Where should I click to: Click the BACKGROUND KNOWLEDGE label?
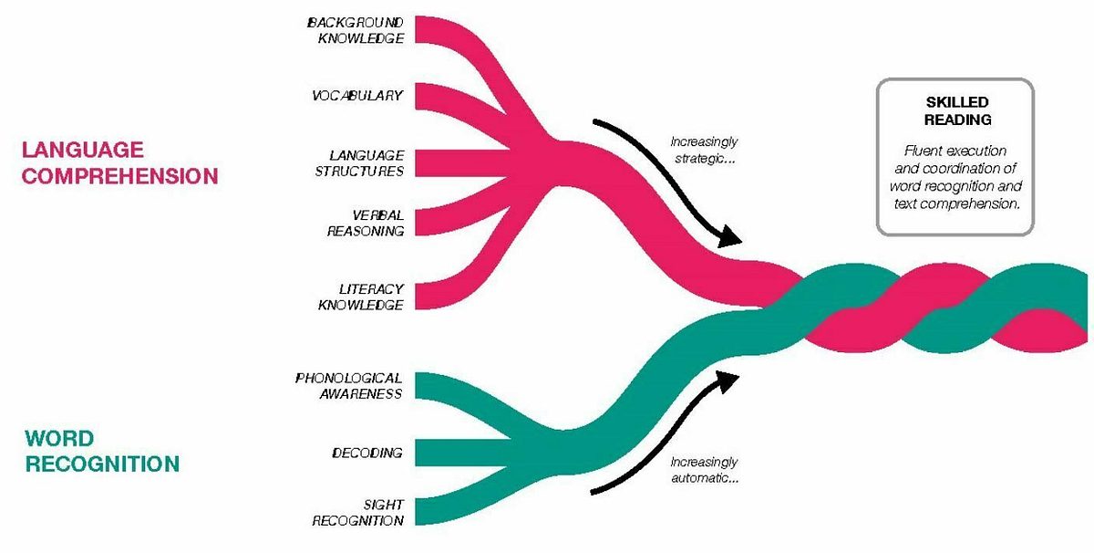click(x=356, y=29)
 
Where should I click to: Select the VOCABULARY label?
click(x=357, y=95)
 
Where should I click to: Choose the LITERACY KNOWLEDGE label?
click(x=360, y=297)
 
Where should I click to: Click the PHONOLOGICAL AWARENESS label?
click(x=349, y=385)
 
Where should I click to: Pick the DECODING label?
click(x=367, y=453)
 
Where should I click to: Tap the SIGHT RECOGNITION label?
click(x=358, y=512)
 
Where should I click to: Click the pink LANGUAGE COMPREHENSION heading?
click(x=119, y=162)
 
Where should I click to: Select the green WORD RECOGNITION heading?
click(x=102, y=451)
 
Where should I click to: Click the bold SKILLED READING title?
click(x=955, y=110)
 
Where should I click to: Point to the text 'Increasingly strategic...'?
click(x=704, y=150)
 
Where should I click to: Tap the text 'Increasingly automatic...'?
click(x=704, y=469)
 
